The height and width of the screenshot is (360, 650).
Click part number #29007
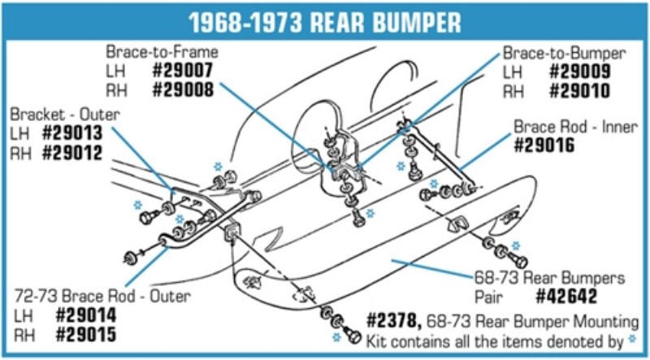pos(184,71)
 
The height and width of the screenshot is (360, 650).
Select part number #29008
pos(184,90)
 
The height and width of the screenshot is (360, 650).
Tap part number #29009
pos(580,71)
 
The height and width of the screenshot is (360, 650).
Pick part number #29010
pos(580,90)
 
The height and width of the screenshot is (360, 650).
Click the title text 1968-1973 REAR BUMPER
pos(324,21)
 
